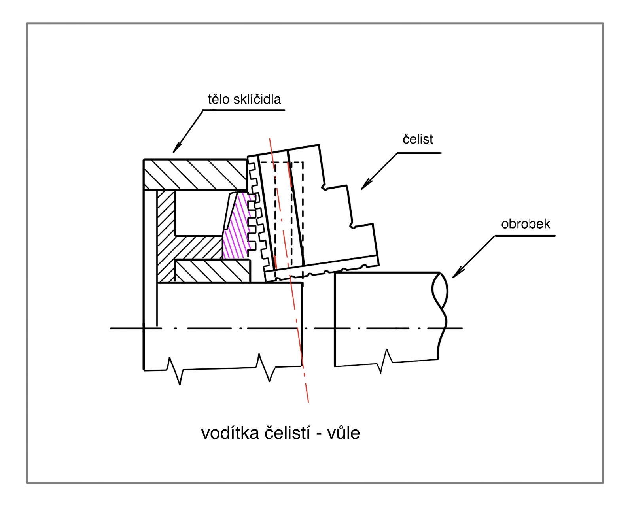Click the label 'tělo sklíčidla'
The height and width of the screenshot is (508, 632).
(x=244, y=99)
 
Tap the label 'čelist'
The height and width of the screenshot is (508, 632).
(x=418, y=139)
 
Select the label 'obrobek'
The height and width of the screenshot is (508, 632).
(x=525, y=224)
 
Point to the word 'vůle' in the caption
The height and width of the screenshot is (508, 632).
(x=343, y=433)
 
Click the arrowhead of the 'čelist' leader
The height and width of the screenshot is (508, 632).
(x=363, y=188)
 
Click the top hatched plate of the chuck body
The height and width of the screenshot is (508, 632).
(x=195, y=174)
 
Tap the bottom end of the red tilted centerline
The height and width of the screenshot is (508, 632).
(x=308, y=402)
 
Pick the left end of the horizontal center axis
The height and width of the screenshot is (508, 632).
(x=111, y=328)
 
